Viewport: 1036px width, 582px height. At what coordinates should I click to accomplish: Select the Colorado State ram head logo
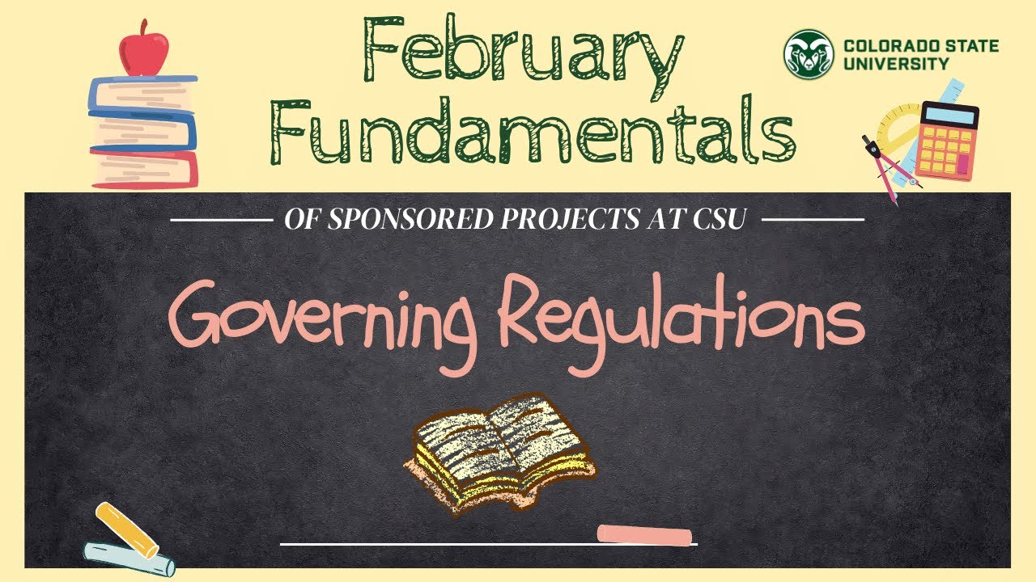(x=808, y=53)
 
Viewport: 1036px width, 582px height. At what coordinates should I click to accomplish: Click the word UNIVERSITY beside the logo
(x=896, y=64)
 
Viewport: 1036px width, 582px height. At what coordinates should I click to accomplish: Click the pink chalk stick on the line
(x=644, y=535)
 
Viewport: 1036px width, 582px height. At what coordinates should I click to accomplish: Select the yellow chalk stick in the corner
(x=126, y=529)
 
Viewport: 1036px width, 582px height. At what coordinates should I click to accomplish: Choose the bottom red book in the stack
(x=144, y=167)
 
